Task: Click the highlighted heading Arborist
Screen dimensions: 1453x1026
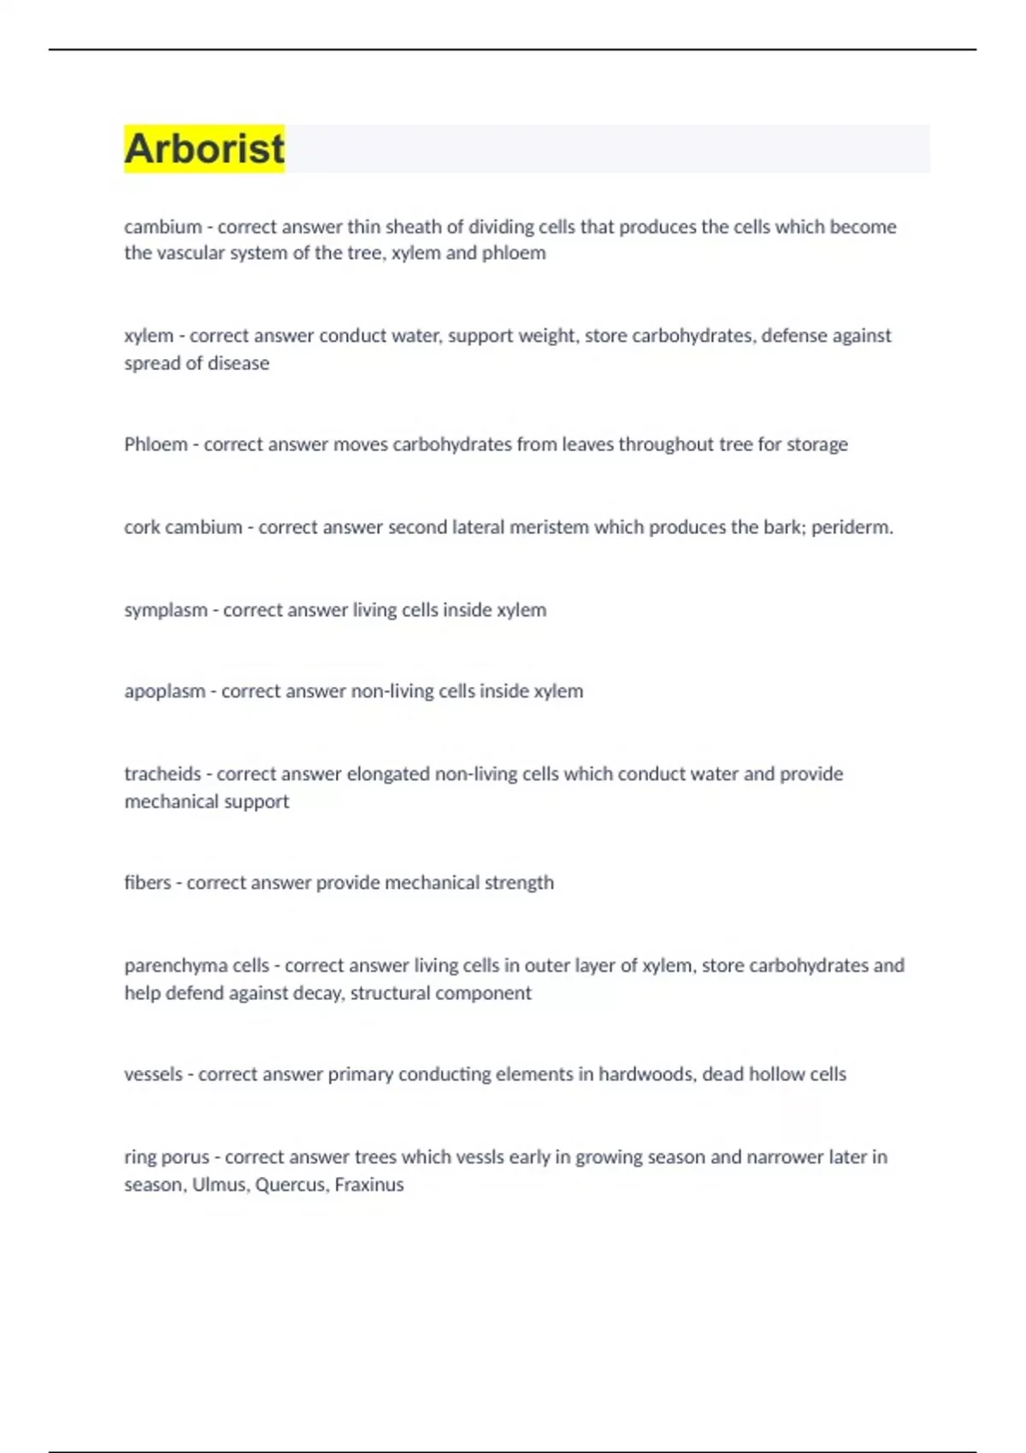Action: tap(204, 149)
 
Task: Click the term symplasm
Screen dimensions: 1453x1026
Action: tap(165, 609)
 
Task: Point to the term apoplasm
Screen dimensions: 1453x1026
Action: tap(164, 691)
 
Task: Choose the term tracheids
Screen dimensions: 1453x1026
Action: tap(162, 774)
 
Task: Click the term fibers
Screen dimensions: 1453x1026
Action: tap(147, 882)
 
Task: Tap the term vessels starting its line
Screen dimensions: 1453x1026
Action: tap(153, 1074)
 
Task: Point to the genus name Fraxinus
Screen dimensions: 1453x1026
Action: tap(369, 1185)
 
